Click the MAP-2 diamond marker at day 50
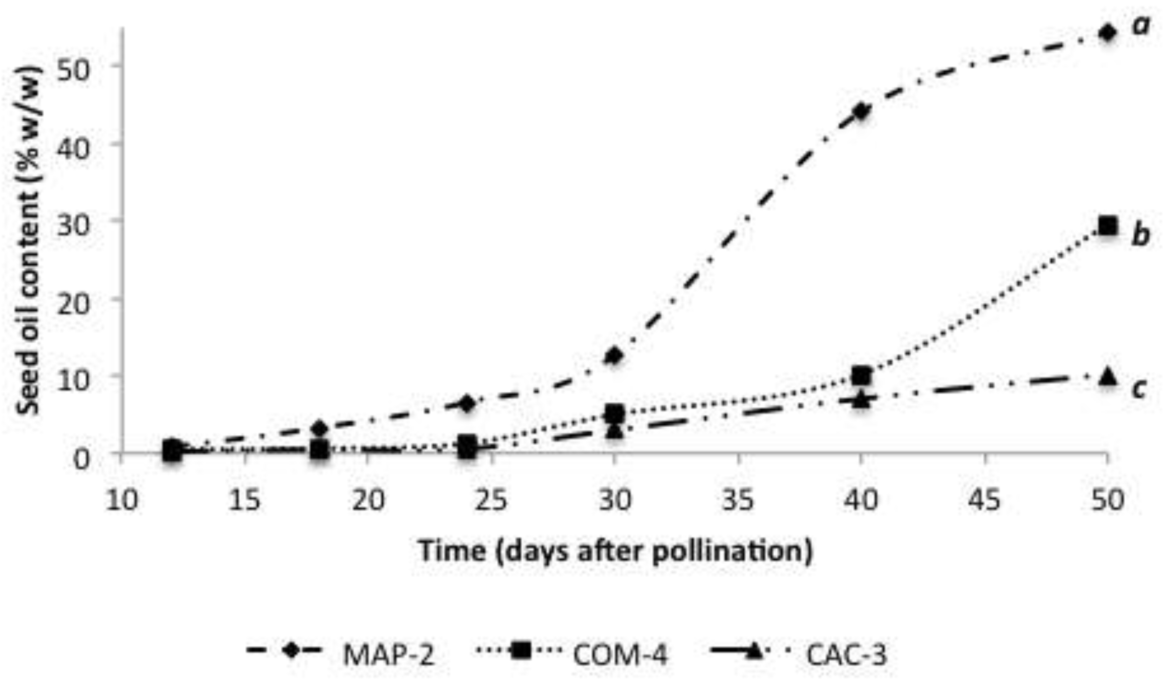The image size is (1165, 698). click(x=1108, y=33)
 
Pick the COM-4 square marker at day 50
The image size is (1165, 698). click(x=1108, y=226)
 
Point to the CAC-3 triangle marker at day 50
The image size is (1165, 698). click(x=1108, y=376)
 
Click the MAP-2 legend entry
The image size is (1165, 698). click(x=388, y=654)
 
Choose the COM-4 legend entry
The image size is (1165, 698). click(x=620, y=654)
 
